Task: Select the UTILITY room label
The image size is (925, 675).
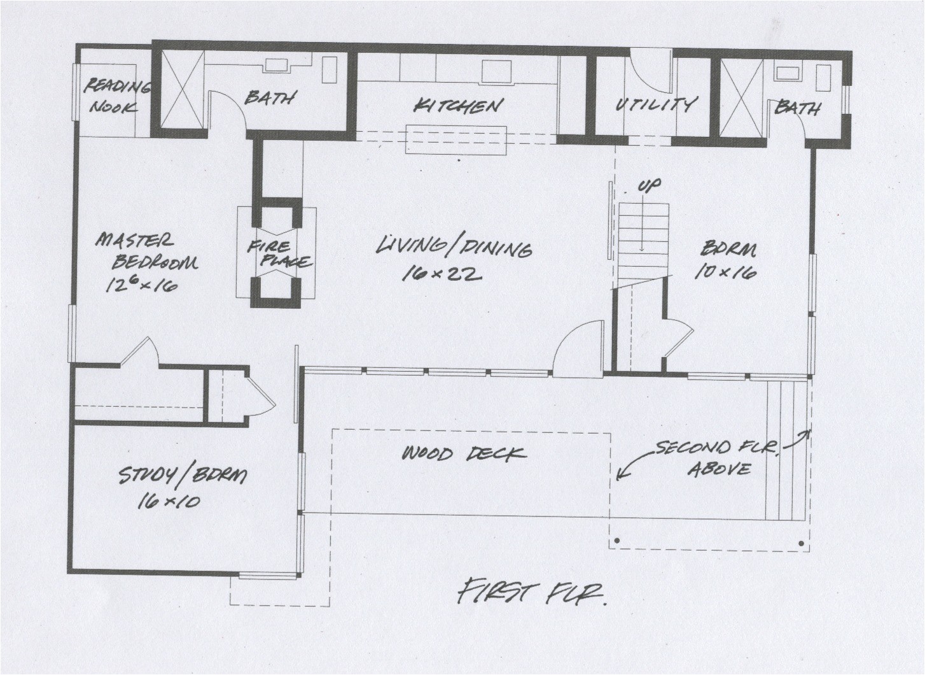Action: coord(655,104)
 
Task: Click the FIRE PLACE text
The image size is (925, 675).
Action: coord(278,253)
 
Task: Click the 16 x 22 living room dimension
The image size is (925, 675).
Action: coord(442,274)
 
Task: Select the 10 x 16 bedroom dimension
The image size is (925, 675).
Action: coord(725,273)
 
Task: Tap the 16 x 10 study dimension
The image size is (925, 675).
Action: coord(169,501)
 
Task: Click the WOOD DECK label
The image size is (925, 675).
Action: coord(464,453)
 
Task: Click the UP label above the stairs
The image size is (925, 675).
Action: coord(649,185)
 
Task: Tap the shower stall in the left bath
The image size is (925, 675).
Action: coord(181,89)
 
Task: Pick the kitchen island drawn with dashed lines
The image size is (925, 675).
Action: coord(456,140)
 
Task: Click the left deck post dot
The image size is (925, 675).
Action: coord(616,543)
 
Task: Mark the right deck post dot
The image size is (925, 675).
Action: coord(800,544)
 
